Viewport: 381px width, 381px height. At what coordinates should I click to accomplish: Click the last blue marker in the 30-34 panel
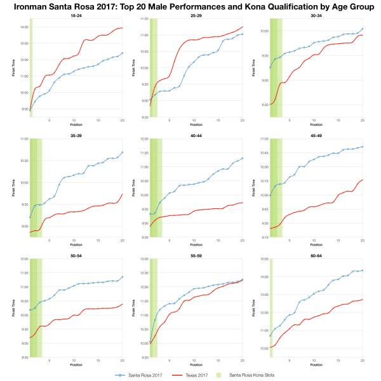[362, 29]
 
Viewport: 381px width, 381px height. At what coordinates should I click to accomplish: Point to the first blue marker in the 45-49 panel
[271, 195]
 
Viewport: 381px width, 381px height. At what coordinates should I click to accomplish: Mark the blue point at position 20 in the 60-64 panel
[362, 270]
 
